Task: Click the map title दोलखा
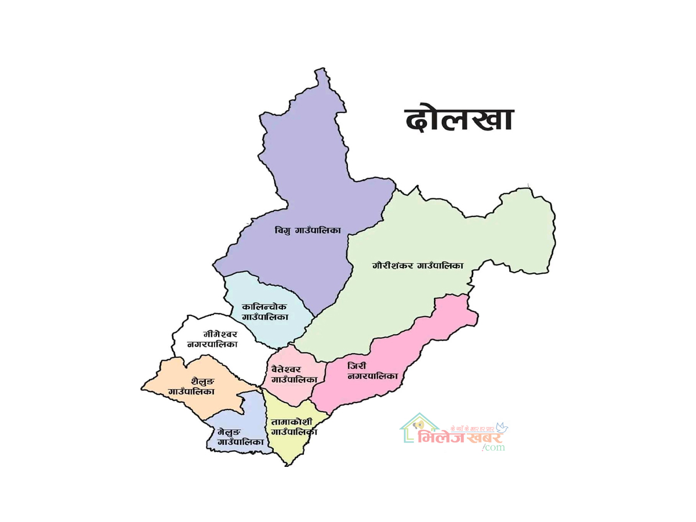458,120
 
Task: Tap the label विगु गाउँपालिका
307,231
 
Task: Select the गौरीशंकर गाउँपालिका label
418,266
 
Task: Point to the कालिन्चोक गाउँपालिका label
264,311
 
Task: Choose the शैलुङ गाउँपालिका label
191,386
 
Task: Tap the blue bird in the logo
501,427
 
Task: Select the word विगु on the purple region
284,231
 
